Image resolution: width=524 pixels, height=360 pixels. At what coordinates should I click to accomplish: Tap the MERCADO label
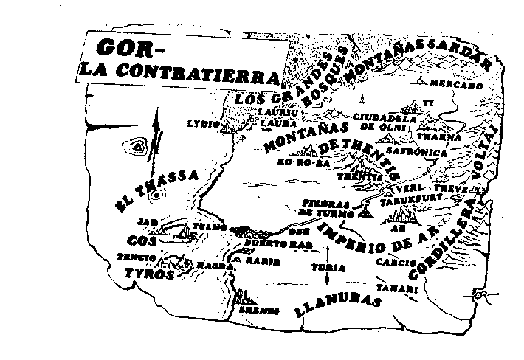(455, 85)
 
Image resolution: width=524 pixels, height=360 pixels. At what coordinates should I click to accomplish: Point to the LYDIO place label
(204, 124)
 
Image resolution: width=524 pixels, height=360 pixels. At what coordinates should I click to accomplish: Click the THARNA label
(438, 137)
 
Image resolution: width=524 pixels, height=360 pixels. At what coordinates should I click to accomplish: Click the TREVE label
(455, 189)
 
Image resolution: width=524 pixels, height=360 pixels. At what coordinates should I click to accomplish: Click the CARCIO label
(390, 261)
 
